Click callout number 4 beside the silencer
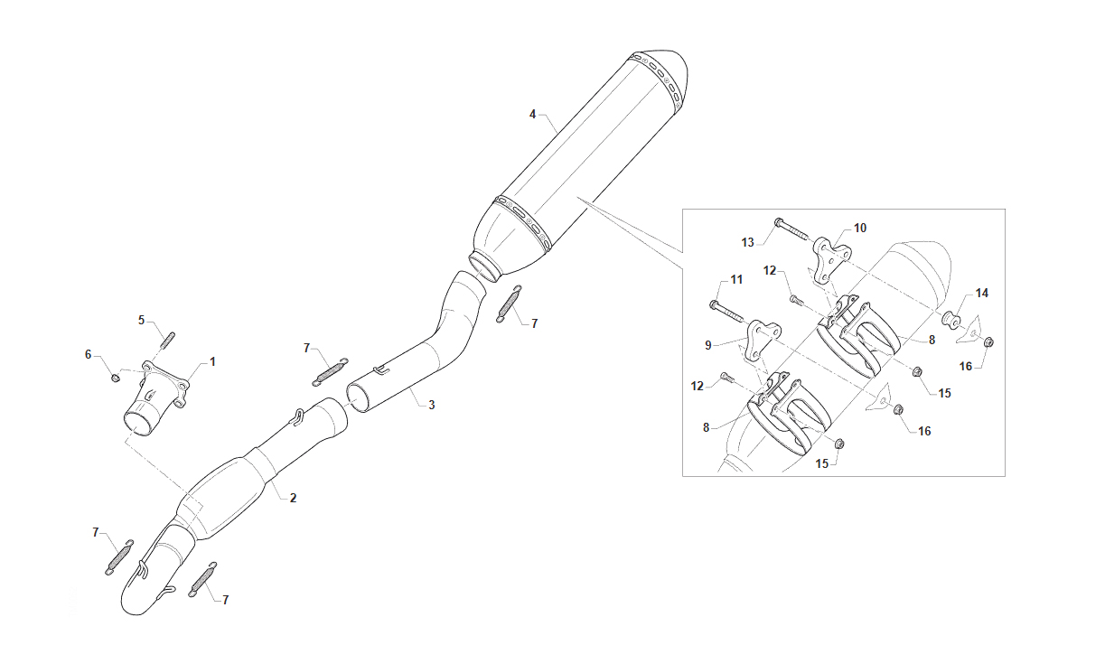point(532,115)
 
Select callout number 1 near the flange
point(212,362)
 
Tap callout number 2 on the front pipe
point(293,498)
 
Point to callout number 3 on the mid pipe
point(432,405)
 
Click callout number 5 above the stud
point(141,321)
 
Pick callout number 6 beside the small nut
point(89,354)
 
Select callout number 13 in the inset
point(748,243)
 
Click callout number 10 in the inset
point(860,228)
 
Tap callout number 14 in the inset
point(982,293)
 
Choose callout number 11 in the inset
point(736,280)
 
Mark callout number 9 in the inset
point(708,346)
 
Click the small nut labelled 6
point(116,379)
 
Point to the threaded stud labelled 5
point(167,341)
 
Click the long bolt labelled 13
point(791,229)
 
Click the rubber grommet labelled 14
point(951,320)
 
